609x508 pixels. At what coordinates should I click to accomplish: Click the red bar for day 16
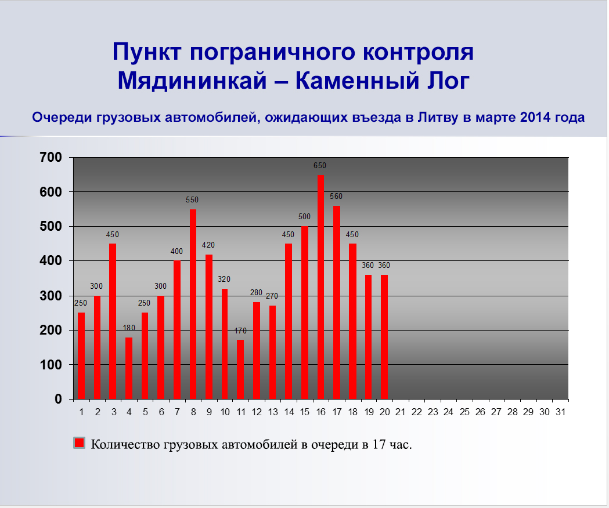point(320,287)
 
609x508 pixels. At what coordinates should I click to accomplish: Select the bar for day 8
point(193,304)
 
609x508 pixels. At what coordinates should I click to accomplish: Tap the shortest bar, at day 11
point(240,369)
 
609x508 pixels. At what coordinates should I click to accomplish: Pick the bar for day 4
point(128,368)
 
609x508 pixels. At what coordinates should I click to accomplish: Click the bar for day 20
point(384,337)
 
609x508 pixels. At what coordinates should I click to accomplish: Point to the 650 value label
point(320,165)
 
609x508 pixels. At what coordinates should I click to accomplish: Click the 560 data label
point(336,197)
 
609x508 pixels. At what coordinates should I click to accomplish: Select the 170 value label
point(240,331)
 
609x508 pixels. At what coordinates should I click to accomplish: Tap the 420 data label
point(208,245)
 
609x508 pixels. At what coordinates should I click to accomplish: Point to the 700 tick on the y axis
point(51,157)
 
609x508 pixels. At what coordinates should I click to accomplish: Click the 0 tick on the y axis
point(58,399)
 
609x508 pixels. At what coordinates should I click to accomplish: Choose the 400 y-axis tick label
point(51,260)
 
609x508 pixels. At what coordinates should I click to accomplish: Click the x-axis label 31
point(560,412)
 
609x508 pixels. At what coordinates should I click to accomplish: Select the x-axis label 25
point(464,412)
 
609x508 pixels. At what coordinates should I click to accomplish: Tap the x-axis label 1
point(81,412)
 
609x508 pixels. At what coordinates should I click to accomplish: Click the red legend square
point(79,443)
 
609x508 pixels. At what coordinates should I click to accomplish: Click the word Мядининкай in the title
point(193,81)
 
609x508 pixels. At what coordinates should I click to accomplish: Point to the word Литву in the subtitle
point(438,117)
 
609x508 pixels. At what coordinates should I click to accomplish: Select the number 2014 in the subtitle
point(535,117)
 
